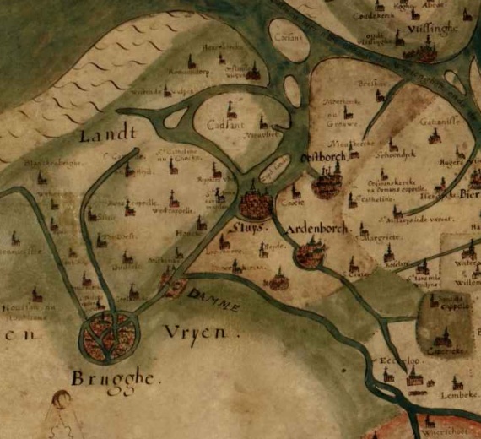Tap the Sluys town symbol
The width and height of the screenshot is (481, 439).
click(x=254, y=204)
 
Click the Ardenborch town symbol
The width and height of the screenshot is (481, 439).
click(x=310, y=252)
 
